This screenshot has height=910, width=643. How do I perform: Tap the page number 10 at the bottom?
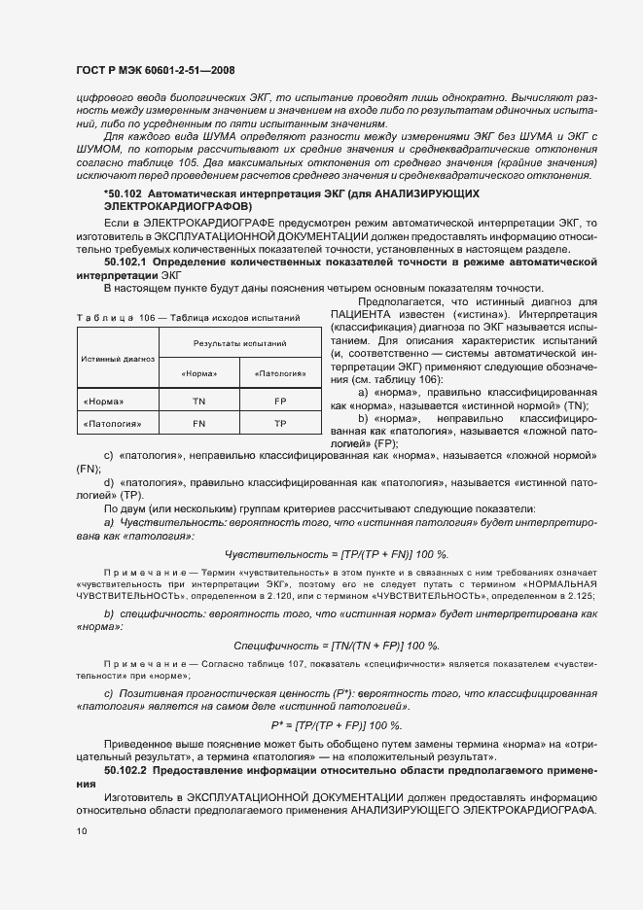[x=82, y=831]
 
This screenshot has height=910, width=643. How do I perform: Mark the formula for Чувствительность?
[x=337, y=553]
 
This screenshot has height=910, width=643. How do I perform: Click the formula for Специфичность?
[x=337, y=646]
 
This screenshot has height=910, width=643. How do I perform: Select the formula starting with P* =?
[x=337, y=726]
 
